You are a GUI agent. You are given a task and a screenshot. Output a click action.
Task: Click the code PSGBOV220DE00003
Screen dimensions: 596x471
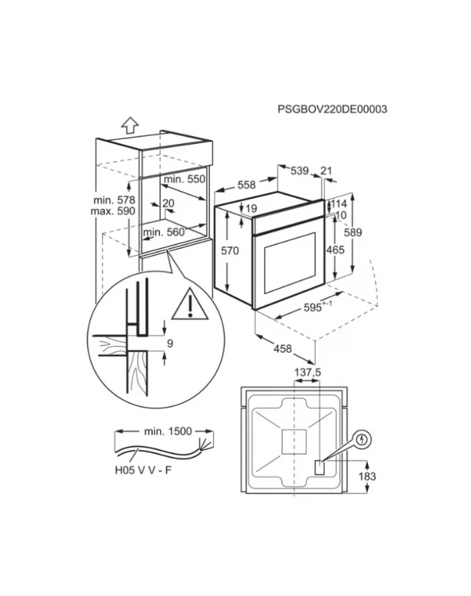point(332,110)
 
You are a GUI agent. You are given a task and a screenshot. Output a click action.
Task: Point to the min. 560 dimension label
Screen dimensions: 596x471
point(164,232)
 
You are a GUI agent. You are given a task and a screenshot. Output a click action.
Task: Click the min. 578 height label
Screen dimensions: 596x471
point(115,200)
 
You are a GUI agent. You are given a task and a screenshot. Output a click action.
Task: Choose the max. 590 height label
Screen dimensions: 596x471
point(115,211)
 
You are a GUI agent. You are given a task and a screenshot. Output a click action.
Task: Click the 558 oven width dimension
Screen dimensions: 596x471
point(247,184)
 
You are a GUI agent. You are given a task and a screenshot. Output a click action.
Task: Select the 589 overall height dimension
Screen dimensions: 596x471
point(353,233)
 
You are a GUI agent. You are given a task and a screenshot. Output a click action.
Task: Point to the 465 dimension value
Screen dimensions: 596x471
point(334,250)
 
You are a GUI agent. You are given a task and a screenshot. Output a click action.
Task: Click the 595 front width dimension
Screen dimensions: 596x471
point(315,308)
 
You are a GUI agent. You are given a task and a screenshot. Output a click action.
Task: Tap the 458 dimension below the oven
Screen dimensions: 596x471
point(283,348)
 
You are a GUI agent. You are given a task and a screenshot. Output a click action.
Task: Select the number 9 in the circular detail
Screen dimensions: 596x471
point(170,343)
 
